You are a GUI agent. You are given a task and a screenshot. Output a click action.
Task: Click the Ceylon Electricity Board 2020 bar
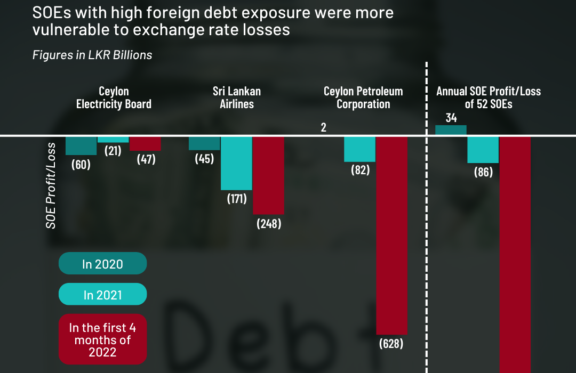tap(81, 145)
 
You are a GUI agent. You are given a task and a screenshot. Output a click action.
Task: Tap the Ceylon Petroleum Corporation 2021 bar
tap(359, 149)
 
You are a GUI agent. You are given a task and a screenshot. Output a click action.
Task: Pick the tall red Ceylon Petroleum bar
tap(391, 235)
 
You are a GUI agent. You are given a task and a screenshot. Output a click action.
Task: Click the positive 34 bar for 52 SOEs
tap(451, 130)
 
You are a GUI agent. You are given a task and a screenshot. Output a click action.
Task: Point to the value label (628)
tap(391, 344)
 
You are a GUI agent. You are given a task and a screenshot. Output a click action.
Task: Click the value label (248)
tap(268, 224)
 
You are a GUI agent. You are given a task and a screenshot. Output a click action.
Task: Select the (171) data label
tap(236, 199)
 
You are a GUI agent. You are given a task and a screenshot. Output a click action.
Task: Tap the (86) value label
tap(483, 172)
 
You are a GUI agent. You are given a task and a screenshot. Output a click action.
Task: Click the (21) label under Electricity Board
tap(113, 151)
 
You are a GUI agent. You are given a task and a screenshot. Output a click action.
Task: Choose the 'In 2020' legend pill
tap(102, 264)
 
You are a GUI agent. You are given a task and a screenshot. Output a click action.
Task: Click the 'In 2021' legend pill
tap(102, 295)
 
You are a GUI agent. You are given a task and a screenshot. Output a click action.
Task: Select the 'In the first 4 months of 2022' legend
tap(102, 340)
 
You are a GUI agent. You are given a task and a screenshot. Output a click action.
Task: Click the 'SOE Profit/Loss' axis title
tap(51, 185)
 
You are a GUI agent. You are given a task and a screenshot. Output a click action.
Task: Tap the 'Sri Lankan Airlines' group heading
tap(236, 98)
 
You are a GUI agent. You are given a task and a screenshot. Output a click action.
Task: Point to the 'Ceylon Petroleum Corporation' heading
tap(363, 98)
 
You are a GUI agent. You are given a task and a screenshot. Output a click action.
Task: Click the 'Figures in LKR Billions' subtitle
tap(92, 55)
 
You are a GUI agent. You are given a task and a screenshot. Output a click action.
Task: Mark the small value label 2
tap(323, 128)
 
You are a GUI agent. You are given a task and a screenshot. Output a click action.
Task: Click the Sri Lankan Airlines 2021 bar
tap(236, 163)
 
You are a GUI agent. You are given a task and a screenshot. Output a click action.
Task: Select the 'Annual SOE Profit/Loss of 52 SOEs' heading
tap(488, 98)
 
